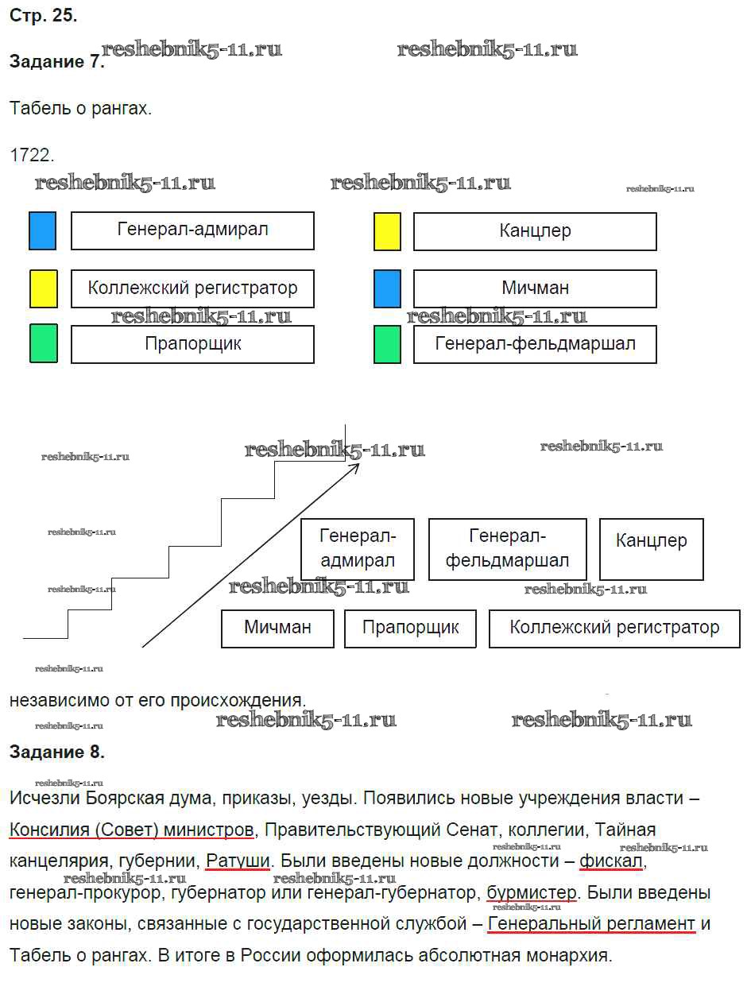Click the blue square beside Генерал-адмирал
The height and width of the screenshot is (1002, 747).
[x=42, y=230]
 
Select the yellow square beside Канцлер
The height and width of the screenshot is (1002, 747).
[x=387, y=231]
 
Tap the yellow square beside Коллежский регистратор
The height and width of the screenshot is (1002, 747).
[x=44, y=288]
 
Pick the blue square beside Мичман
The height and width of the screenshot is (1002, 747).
[x=387, y=288]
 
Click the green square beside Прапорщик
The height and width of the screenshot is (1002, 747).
[x=44, y=344]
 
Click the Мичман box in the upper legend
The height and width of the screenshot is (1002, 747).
[x=535, y=288]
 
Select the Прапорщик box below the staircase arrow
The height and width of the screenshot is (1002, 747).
[x=410, y=628]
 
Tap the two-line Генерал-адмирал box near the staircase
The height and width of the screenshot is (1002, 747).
[x=357, y=548]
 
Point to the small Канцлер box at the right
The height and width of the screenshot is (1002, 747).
[x=651, y=548]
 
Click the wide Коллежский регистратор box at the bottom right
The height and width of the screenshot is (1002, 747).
[x=613, y=628]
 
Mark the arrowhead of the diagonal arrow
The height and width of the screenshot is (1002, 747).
[x=355, y=466]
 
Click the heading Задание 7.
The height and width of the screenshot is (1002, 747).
[x=56, y=63]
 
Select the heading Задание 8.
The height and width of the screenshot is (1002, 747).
[x=56, y=752]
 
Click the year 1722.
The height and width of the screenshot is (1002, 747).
[x=32, y=155]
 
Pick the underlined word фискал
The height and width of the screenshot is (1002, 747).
[x=610, y=861]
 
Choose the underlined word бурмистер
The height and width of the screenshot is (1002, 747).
[x=532, y=893]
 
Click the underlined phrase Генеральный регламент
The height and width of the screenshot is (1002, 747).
[x=591, y=924]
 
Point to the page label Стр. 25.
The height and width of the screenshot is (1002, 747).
[x=43, y=16]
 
